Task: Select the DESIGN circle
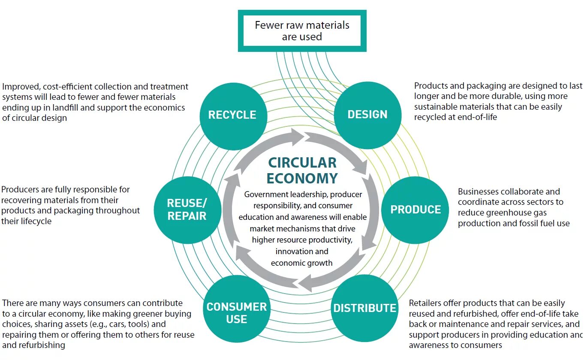click(367, 115)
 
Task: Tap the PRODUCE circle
click(415, 210)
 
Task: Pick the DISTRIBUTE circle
click(364, 308)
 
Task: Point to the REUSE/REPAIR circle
click(187, 210)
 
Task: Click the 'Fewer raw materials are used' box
click(302, 31)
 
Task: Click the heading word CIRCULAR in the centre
click(302, 163)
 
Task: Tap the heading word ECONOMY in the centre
click(302, 178)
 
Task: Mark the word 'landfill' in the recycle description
click(64, 108)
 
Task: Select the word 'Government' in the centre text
click(264, 195)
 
